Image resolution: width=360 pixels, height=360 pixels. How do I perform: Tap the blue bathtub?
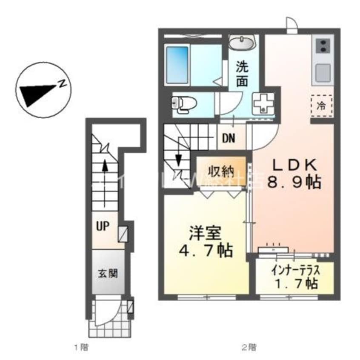pos(177,65)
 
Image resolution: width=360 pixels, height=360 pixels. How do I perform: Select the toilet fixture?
pos(183,103)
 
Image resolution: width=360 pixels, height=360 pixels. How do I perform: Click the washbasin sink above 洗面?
pos(242,43)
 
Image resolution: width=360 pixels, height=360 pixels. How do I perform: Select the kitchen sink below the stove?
pos(322,73)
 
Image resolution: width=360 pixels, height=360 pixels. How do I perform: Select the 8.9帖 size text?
pos(294,183)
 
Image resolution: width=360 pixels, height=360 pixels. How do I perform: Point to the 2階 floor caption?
pos(249,347)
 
